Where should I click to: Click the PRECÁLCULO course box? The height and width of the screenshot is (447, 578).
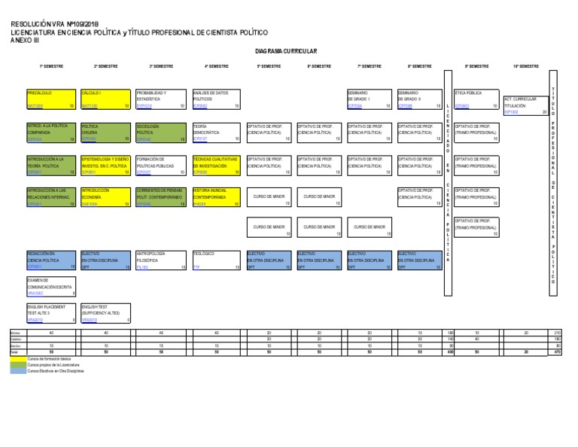51,99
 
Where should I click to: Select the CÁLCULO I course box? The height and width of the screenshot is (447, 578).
105,99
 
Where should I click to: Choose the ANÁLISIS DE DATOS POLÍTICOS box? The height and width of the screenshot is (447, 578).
216,99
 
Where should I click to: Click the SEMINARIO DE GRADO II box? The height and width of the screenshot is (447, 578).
419,99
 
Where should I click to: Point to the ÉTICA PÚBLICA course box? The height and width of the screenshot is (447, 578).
476,99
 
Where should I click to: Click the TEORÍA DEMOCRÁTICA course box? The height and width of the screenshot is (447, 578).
216,132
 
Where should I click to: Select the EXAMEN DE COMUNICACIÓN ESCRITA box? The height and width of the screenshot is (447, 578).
51,287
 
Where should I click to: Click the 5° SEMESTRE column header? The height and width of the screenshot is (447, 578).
269,66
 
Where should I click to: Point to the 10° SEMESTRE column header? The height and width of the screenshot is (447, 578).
526,66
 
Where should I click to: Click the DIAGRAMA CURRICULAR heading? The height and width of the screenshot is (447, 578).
286,51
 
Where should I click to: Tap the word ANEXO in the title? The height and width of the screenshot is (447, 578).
20,40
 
